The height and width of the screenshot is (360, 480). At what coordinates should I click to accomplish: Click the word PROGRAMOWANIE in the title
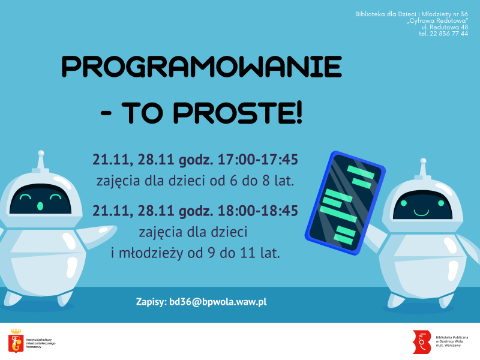click(x=202, y=67)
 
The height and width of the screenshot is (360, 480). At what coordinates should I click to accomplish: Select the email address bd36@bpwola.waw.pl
click(x=218, y=302)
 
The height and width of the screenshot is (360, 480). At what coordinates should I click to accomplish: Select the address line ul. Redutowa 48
click(x=445, y=27)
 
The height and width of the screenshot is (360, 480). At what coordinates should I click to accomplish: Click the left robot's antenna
click(x=41, y=159)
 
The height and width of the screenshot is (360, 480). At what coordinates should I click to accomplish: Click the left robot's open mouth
click(x=40, y=206)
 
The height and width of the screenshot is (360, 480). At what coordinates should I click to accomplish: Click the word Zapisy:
click(x=151, y=302)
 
